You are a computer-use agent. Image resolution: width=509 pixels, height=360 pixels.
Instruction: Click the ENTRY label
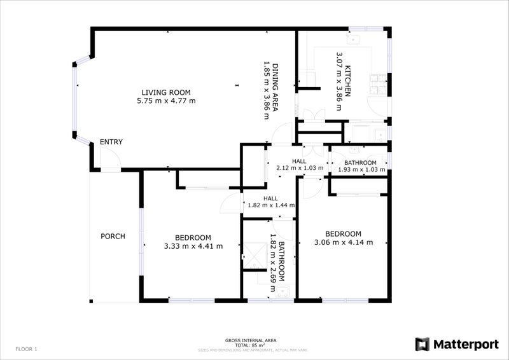click(111, 142)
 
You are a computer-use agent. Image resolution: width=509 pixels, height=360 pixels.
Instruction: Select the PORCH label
click(113, 237)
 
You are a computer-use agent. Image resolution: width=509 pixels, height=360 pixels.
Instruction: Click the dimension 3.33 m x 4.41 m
click(193, 246)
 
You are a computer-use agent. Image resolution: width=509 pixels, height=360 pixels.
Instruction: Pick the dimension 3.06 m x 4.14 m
click(343, 242)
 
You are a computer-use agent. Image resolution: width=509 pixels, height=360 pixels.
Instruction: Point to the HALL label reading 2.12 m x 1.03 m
click(299, 162)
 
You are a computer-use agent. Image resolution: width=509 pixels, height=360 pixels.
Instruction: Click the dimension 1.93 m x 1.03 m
click(361, 170)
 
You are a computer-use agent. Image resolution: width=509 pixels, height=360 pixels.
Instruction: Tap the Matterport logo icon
click(422, 344)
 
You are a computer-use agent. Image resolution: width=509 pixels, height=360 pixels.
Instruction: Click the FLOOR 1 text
click(27, 349)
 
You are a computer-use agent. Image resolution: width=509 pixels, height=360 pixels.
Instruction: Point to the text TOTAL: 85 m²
click(259, 345)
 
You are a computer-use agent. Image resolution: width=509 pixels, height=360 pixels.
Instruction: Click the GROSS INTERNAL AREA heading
click(259, 341)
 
